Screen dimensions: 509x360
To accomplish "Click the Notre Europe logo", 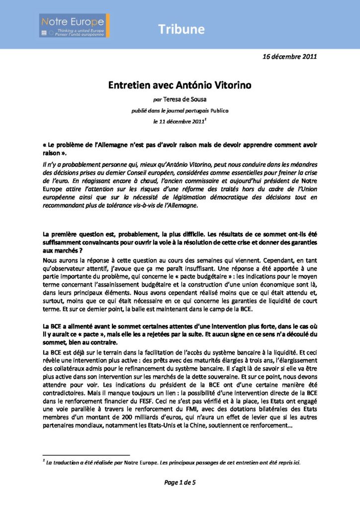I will pos(74,25).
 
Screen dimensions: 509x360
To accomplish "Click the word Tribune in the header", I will pos(181,29).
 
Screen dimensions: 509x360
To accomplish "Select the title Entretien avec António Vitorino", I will pos(180,85).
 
